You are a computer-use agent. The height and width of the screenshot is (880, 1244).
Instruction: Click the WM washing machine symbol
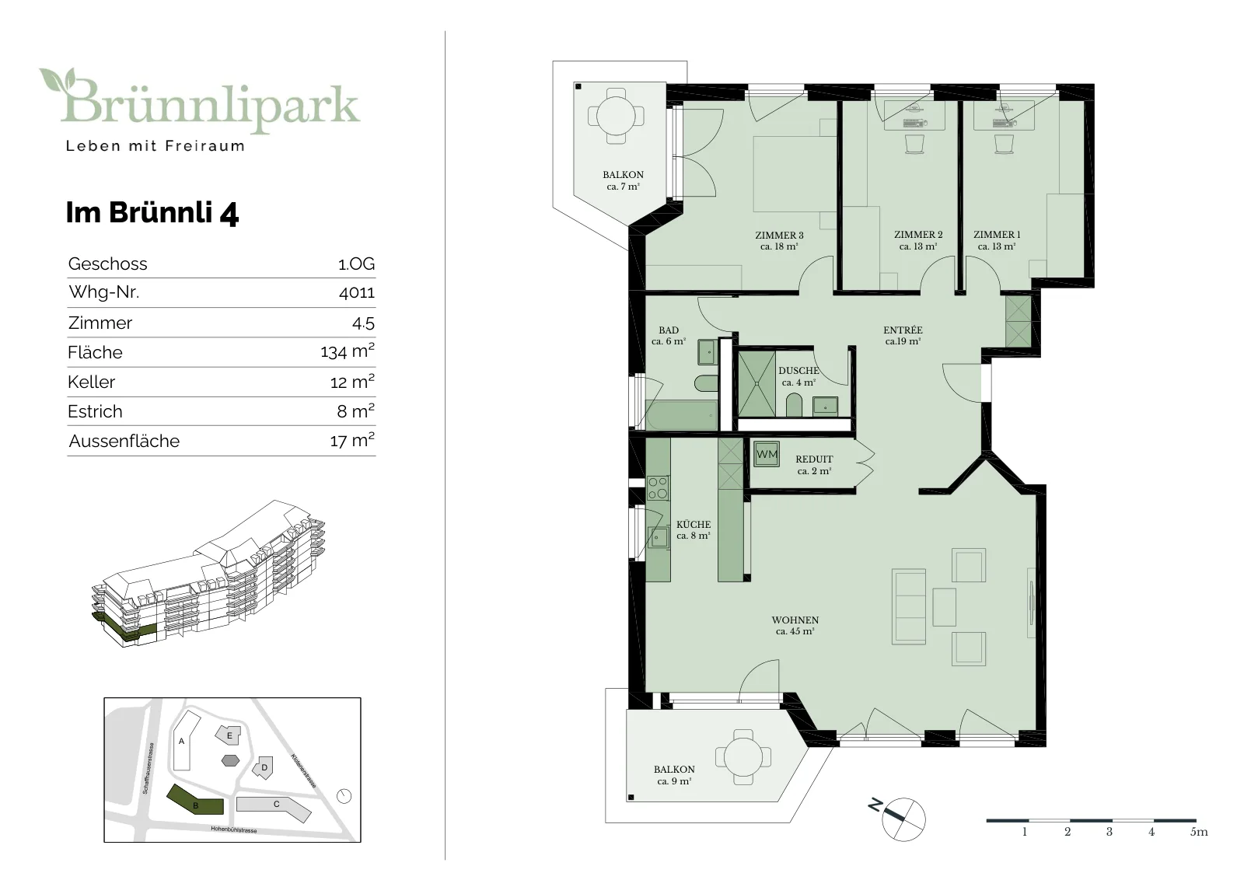[767, 454]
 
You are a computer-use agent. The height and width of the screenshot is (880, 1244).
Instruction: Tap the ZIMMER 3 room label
[779, 235]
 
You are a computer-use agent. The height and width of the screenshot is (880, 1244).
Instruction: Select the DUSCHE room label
[798, 370]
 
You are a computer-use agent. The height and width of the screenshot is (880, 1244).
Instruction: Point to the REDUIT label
[814, 459]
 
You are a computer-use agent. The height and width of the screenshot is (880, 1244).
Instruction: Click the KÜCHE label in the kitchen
[694, 524]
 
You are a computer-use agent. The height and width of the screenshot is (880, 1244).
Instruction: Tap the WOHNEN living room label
[795, 620]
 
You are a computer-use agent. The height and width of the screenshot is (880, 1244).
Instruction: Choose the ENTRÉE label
[903, 330]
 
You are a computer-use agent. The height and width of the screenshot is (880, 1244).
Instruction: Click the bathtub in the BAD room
[681, 415]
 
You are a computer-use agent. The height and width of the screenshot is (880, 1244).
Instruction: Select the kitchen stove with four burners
[658, 488]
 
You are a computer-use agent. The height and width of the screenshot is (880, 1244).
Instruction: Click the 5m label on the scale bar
[1198, 832]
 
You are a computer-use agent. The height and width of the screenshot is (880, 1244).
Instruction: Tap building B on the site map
[195, 799]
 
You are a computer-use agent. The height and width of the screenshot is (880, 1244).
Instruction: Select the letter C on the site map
[277, 804]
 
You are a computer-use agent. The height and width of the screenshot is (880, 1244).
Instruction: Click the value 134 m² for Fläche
[348, 351]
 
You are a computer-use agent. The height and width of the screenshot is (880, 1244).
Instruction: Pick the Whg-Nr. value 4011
[357, 292]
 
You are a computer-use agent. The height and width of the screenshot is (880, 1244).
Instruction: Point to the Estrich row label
[95, 411]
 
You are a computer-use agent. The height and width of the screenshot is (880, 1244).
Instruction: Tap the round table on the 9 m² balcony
[743, 757]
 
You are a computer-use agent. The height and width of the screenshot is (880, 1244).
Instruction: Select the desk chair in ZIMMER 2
[914, 145]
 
